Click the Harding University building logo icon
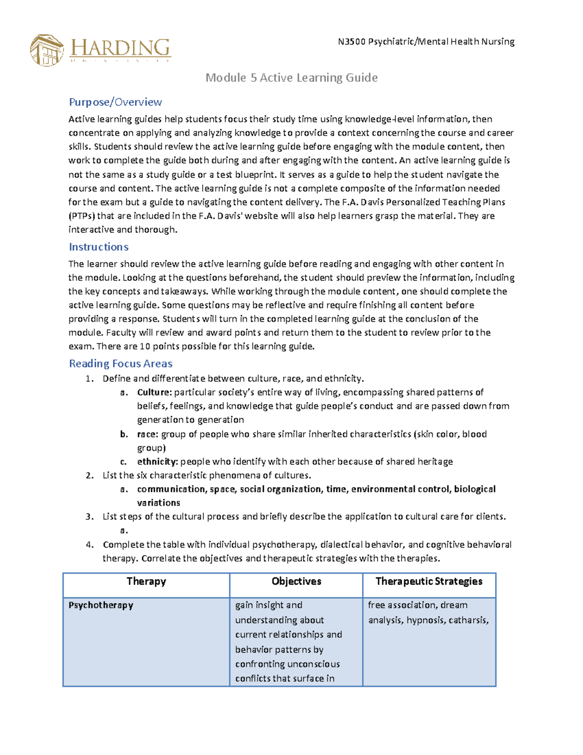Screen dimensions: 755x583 pyautogui.click(x=47, y=50)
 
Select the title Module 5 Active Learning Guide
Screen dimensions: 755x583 pyautogui.click(x=291, y=78)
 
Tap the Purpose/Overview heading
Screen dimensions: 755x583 pyautogui.click(x=115, y=102)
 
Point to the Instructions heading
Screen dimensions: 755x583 pyautogui.click(x=99, y=247)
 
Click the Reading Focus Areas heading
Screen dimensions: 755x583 pyautogui.click(x=120, y=364)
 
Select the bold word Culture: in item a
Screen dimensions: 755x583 pyautogui.click(x=154, y=392)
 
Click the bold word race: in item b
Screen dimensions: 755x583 pyautogui.click(x=148, y=434)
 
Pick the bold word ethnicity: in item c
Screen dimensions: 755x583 pyautogui.click(x=157, y=461)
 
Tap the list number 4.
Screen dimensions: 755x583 pyautogui.click(x=89, y=544)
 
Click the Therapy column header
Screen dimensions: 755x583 pyautogui.click(x=146, y=581)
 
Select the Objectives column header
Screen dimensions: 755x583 pyautogui.click(x=296, y=581)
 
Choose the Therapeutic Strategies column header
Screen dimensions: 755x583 pyautogui.click(x=429, y=581)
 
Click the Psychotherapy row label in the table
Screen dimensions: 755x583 pyautogui.click(x=101, y=605)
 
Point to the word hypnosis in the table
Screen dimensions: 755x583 pyautogui.click(x=425, y=620)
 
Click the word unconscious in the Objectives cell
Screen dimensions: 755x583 pyautogui.click(x=314, y=664)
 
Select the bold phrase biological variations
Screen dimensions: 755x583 pyautogui.click(x=475, y=489)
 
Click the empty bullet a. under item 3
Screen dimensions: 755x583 pyautogui.click(x=124, y=530)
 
